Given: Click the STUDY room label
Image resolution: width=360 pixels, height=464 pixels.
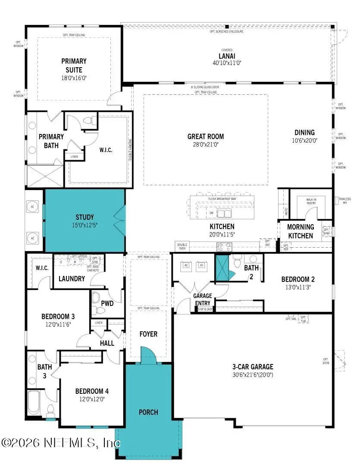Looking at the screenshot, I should tap(85, 217).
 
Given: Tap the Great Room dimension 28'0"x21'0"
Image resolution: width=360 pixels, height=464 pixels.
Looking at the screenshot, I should tap(206, 145).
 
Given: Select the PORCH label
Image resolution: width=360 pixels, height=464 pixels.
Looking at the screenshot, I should tap(148, 412).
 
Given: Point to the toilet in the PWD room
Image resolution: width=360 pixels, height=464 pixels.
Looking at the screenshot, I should tap(96, 297).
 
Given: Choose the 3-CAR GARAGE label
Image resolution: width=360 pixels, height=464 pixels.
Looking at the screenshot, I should tap(253, 367).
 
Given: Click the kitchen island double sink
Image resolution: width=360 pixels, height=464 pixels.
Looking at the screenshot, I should tap(224, 213).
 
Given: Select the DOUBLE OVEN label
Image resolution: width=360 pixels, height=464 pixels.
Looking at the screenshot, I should tap(182, 246).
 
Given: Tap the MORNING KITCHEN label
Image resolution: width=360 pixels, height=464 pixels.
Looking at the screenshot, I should tap(300, 231).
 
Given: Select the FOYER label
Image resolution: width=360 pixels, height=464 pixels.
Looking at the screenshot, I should tap(148, 334).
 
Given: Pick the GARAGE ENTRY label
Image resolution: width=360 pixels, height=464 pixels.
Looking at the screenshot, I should tap(202, 299).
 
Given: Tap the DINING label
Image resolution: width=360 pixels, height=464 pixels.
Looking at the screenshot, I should tap(304, 132).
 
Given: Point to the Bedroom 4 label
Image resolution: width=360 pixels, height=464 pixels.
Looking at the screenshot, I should tap(92, 391).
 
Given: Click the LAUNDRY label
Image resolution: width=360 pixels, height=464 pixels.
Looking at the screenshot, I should tap(72, 279).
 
